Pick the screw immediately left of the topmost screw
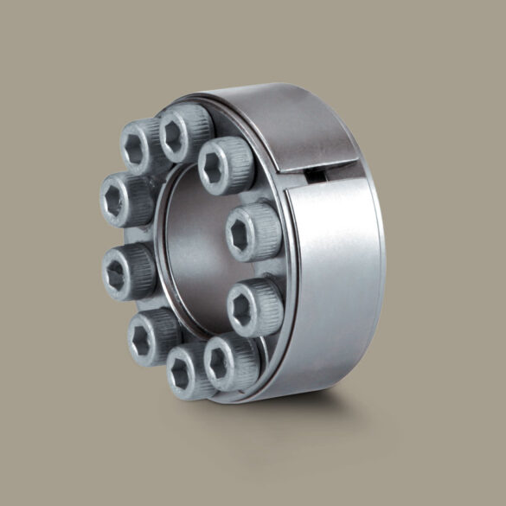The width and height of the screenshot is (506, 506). (142, 143)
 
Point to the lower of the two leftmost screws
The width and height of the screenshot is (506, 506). (125, 270)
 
